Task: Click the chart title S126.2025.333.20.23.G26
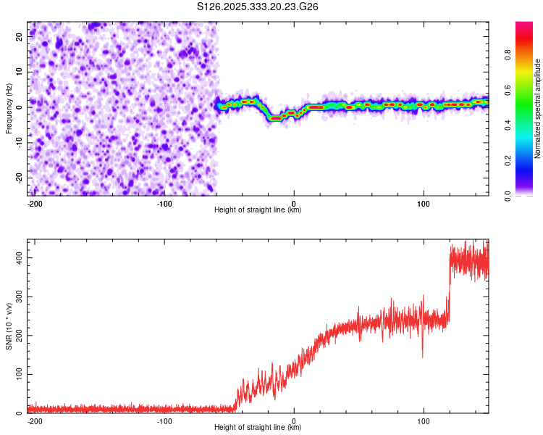(x=258, y=7)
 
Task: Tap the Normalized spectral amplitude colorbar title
(x=538, y=109)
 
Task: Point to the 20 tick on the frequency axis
(x=20, y=36)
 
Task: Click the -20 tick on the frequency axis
(x=19, y=178)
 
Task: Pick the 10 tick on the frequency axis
(x=20, y=71)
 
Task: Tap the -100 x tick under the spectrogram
(x=164, y=203)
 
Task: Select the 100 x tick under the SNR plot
(x=424, y=420)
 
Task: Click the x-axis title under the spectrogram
(x=258, y=210)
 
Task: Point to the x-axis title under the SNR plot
(x=258, y=428)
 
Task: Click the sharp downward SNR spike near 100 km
(x=423, y=355)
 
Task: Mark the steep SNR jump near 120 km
(x=449, y=290)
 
